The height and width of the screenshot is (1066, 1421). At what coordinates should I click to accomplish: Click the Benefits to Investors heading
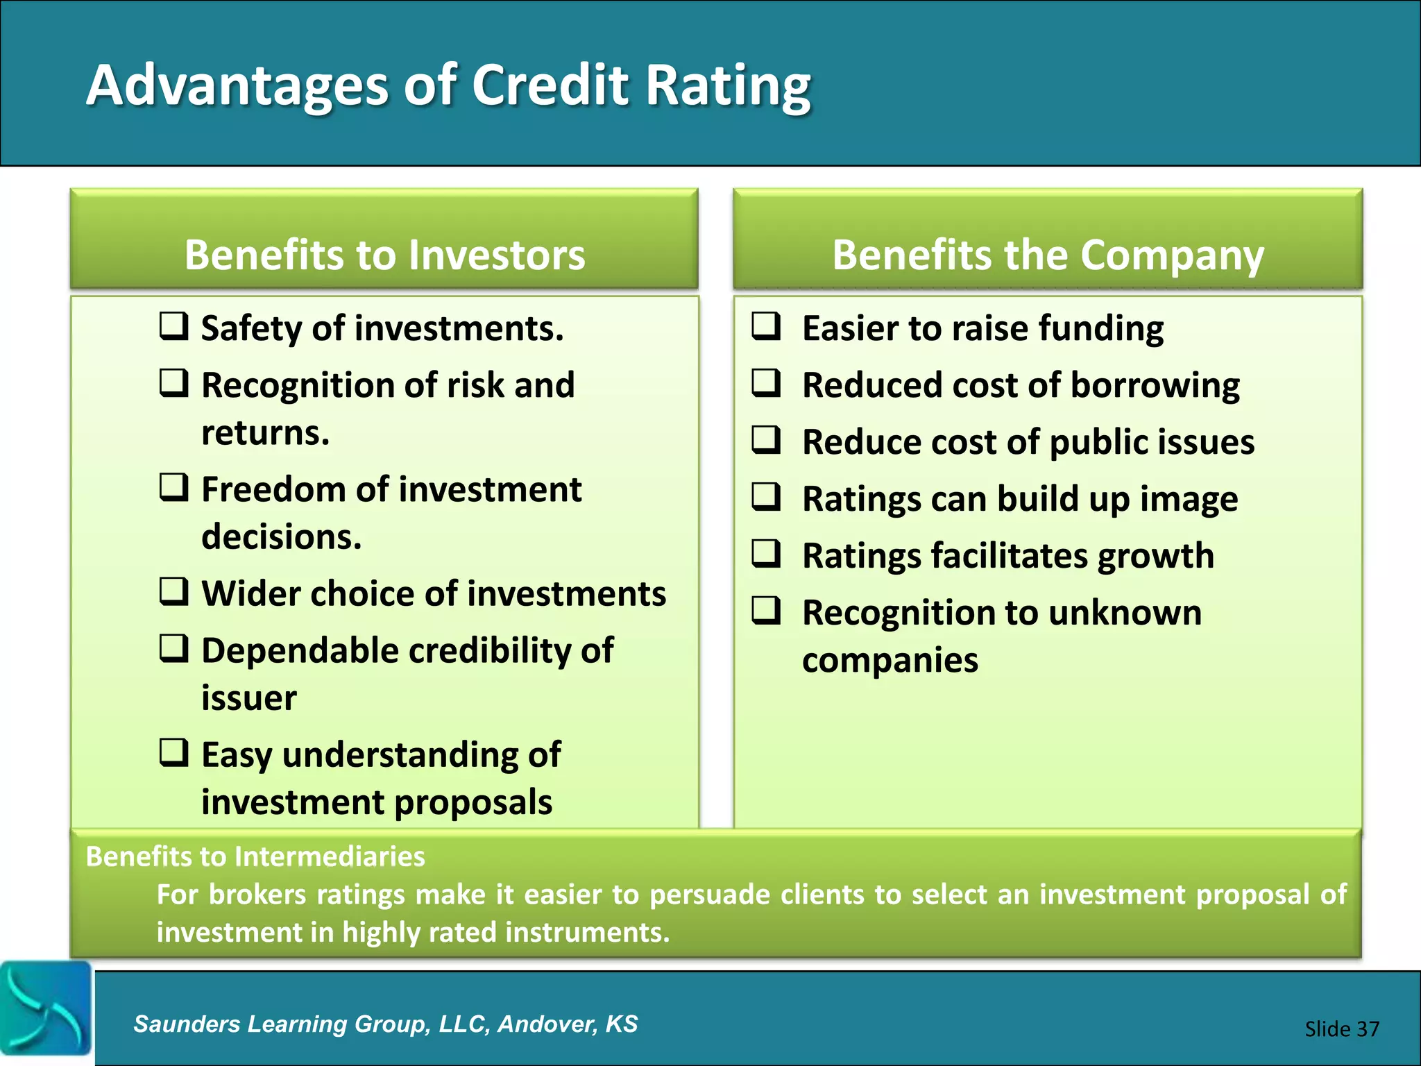tap(384, 255)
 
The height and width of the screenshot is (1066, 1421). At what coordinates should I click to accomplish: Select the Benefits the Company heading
tap(1048, 255)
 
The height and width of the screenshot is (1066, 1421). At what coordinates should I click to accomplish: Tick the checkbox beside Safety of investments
tap(173, 325)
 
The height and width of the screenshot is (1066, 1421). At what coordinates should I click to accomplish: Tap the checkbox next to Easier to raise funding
tap(767, 325)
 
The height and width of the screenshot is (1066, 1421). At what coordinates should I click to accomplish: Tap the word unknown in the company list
tap(1125, 613)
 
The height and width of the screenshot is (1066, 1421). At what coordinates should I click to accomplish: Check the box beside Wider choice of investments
tap(173, 591)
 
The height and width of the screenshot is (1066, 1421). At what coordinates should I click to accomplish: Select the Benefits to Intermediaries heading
tap(255, 856)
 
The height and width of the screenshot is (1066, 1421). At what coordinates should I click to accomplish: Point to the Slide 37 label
tap(1341, 1029)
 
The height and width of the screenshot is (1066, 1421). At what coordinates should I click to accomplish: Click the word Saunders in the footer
tap(186, 1024)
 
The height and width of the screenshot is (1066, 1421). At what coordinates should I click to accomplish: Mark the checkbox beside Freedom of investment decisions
tap(173, 487)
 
